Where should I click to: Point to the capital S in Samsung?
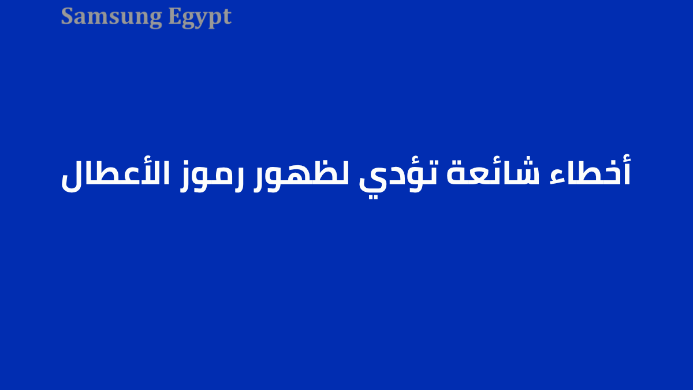click(68, 16)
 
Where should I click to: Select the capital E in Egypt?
click(175, 16)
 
